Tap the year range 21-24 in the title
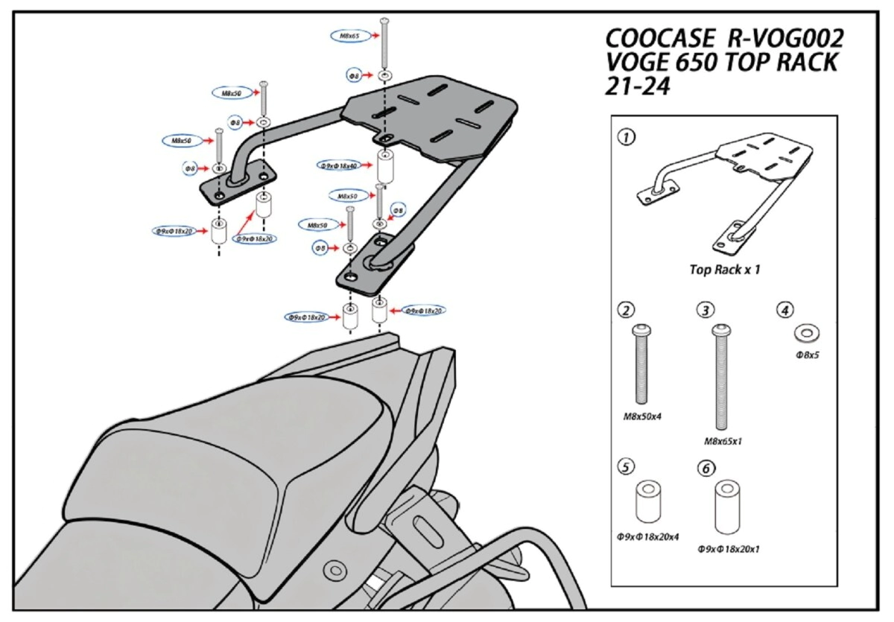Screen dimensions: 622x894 tap(638, 86)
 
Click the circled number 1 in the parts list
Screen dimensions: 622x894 tap(627, 138)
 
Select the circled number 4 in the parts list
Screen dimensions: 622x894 tap(783, 308)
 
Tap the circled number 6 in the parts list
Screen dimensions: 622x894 tap(705, 469)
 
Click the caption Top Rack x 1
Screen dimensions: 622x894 tap(725, 270)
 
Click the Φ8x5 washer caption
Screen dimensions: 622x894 tap(808, 355)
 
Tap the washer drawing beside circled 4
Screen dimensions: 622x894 tap(806, 331)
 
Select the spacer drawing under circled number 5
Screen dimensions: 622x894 tap(650, 503)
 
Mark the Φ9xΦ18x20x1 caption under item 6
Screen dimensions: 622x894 tap(729, 549)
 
